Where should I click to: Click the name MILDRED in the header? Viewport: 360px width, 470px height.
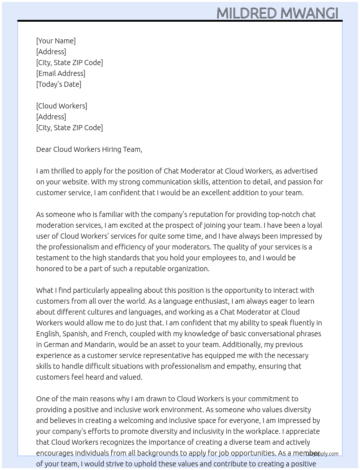click(x=247, y=13)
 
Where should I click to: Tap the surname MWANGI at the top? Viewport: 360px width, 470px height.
click(x=309, y=13)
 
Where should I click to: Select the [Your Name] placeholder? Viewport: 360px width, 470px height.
click(x=56, y=41)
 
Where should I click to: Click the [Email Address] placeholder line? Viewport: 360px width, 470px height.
click(x=61, y=73)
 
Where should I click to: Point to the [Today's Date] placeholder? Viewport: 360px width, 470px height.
click(x=59, y=84)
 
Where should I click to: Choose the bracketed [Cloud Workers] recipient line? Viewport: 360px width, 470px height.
click(x=62, y=106)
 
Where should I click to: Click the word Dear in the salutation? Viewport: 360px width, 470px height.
click(x=44, y=149)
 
